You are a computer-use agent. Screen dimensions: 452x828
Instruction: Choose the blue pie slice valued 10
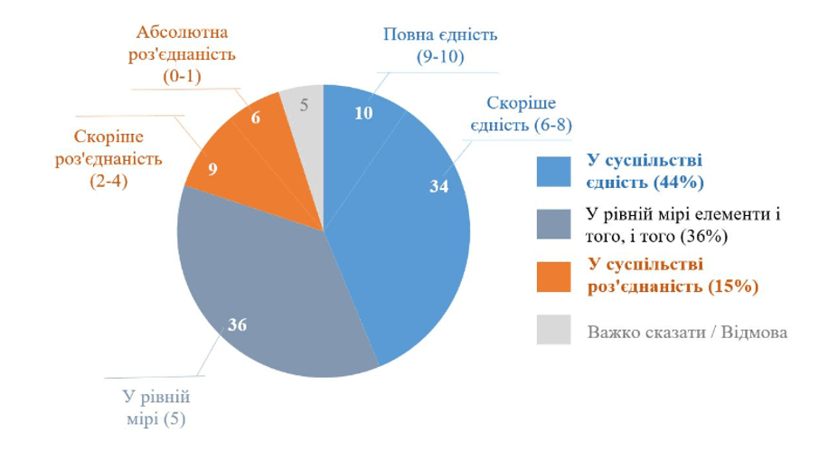tap(357, 118)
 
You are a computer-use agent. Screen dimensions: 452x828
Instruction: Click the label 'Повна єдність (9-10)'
tap(441, 47)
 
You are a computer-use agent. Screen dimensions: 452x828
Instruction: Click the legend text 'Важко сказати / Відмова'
tap(687, 332)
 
